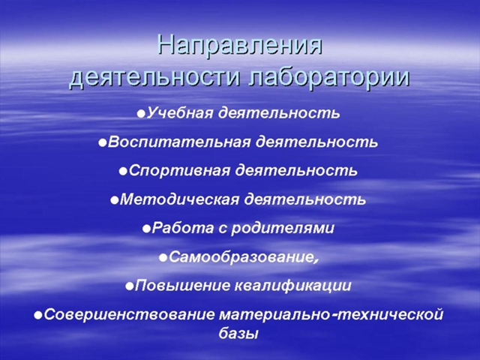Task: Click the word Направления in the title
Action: click(x=240, y=46)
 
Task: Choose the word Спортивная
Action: click(x=179, y=170)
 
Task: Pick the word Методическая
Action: click(x=179, y=200)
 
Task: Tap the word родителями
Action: click(x=282, y=229)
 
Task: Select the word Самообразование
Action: click(x=240, y=257)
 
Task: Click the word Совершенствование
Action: click(x=130, y=315)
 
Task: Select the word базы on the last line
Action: click(x=238, y=333)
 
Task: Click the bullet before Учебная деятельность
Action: click(x=141, y=114)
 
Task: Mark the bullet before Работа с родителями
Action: click(x=147, y=229)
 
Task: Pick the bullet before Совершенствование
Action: click(x=38, y=315)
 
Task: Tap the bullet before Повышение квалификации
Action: click(x=130, y=286)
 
